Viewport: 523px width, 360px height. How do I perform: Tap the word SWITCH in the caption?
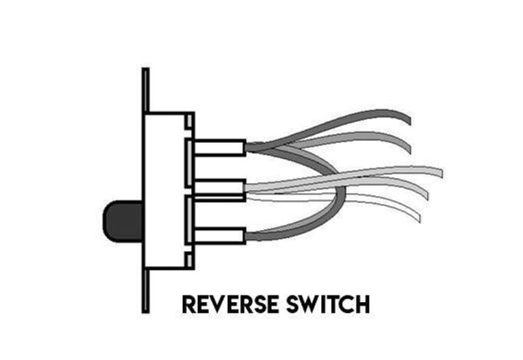pyautogui.click(x=332, y=304)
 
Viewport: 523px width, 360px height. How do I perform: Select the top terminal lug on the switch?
pyautogui.click(x=219, y=148)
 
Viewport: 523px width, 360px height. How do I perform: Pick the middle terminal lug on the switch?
pyautogui.click(x=219, y=189)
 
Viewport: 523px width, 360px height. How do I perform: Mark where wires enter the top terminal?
pyautogui.click(x=246, y=148)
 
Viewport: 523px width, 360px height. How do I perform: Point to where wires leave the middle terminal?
pyautogui.click(x=246, y=189)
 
